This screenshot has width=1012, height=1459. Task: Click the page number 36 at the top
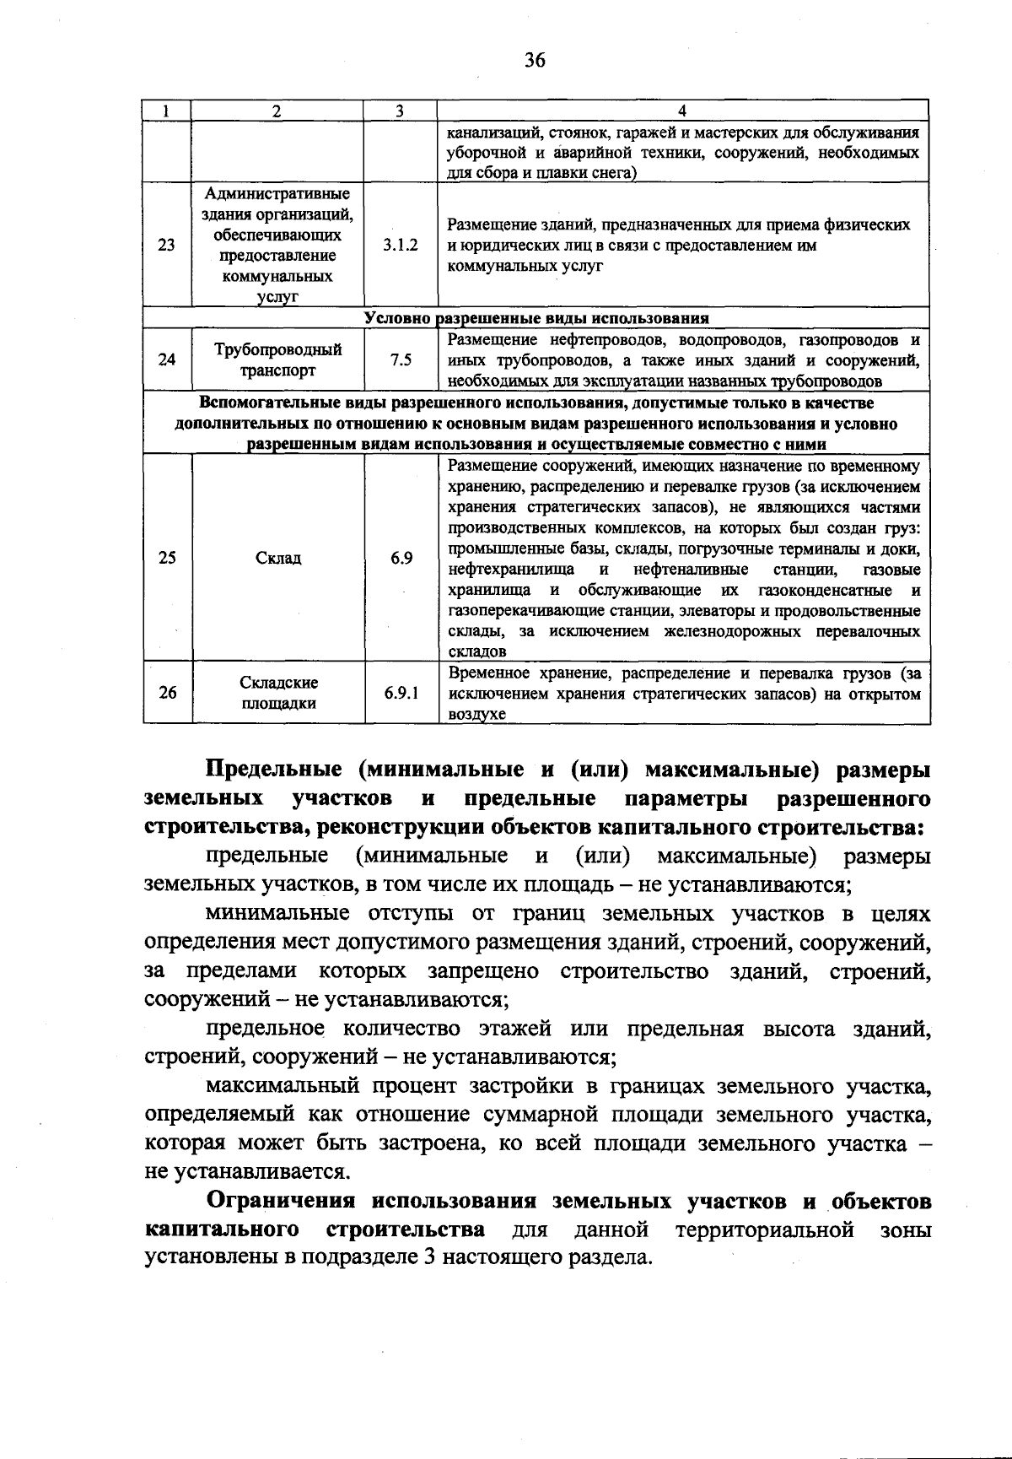pyautogui.click(x=535, y=60)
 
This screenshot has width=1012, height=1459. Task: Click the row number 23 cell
pyautogui.click(x=167, y=246)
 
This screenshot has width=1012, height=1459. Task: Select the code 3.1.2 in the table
pyautogui.click(x=400, y=246)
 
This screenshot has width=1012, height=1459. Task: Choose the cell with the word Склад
pyautogui.click(x=277, y=559)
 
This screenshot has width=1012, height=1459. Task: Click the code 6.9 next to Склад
pyautogui.click(x=401, y=559)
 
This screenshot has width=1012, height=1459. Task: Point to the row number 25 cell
pyautogui.click(x=167, y=559)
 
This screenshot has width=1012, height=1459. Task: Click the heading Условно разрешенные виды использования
pyautogui.click(x=536, y=318)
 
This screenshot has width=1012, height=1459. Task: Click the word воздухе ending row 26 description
pyautogui.click(x=476, y=715)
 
